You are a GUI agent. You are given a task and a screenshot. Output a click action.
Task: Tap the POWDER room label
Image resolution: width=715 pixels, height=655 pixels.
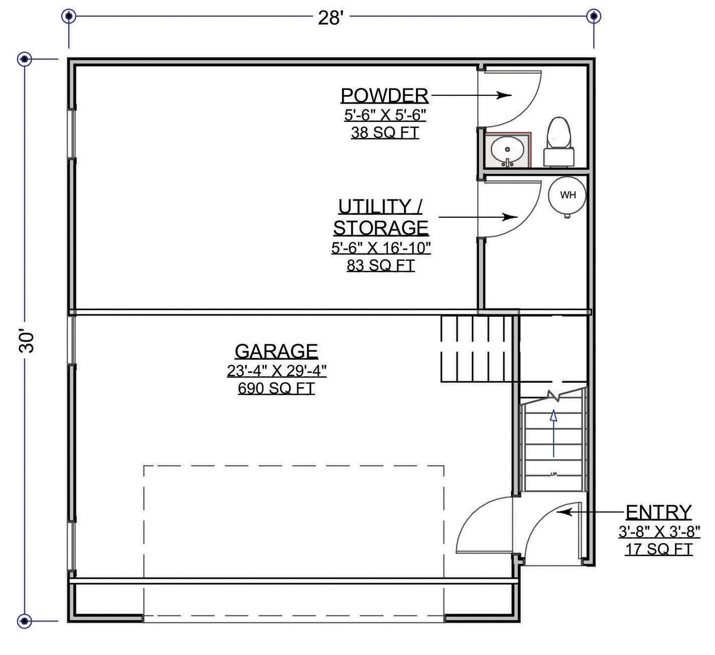[x=384, y=95]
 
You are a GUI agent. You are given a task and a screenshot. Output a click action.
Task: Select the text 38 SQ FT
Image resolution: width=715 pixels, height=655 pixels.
[x=384, y=132]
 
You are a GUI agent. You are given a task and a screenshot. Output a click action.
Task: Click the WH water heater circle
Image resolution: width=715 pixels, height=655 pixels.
[x=568, y=195]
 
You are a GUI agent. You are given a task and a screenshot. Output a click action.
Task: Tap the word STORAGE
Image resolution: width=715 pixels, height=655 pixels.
[x=381, y=228]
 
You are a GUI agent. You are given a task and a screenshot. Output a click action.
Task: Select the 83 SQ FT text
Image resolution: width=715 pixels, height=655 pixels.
[x=380, y=266]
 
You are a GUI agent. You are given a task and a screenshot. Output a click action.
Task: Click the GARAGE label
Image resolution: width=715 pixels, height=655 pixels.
[x=276, y=351]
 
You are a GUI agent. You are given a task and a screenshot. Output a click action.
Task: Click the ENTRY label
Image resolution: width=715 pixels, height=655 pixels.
[x=658, y=512]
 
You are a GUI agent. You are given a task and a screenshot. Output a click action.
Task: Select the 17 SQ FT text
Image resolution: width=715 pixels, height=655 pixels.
[x=658, y=549]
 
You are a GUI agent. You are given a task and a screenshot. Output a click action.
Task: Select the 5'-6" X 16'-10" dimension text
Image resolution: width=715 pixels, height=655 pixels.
[x=381, y=248]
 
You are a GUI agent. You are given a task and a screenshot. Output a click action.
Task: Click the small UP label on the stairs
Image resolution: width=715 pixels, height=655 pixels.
[x=554, y=475]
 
